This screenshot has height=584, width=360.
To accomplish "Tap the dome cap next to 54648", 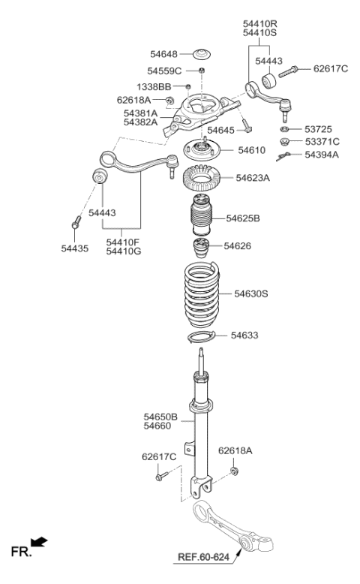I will click(x=202, y=55).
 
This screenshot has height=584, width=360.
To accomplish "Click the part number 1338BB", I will click(x=153, y=87).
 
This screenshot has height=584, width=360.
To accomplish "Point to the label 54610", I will click(x=251, y=150).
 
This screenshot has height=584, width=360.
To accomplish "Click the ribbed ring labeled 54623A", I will click(x=205, y=179).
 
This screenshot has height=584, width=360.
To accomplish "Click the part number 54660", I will click(x=160, y=426).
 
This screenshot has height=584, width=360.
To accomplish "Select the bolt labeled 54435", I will click(x=76, y=223).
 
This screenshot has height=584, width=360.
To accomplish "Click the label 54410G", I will click(x=123, y=250).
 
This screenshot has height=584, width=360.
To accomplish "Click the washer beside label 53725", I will click(x=285, y=128).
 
